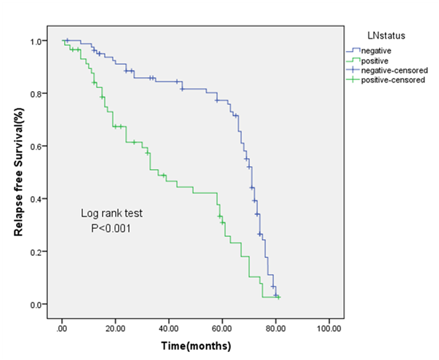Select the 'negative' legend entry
pyautogui.click(x=377, y=50)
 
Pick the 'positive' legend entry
pyautogui.click(x=375, y=60)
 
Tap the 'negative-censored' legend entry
pyautogui.click(x=395, y=71)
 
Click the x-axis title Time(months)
pyautogui.click(x=197, y=345)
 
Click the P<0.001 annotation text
pyautogui.click(x=111, y=228)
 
